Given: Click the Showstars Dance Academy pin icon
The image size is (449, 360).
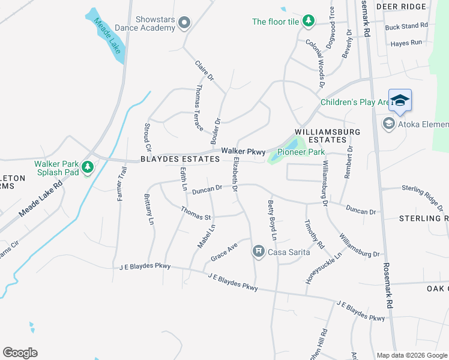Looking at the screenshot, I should pyautogui.click(x=184, y=23).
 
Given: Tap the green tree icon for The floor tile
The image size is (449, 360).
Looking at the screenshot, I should pyautogui.click(x=309, y=22).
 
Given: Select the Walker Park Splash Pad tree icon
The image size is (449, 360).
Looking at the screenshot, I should pyautogui.click(x=88, y=166).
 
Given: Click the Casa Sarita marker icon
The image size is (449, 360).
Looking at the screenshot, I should pyautogui.click(x=259, y=251).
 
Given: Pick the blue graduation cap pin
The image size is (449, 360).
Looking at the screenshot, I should pyautogui.click(x=400, y=100).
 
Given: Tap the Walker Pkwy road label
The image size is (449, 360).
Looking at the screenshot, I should pyautogui.click(x=243, y=151).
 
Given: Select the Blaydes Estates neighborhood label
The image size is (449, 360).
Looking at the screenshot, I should pyautogui.click(x=179, y=159).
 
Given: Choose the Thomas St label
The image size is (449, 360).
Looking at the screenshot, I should pyautogui.click(x=196, y=213).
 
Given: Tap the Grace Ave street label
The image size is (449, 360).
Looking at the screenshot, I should pyautogui.click(x=224, y=252).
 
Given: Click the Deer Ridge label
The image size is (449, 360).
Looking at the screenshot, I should pyautogui.click(x=401, y=7).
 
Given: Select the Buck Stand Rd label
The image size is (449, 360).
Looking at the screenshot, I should pyautogui.click(x=406, y=26).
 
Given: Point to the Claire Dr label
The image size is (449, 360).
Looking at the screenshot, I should pyautogui.click(x=204, y=72).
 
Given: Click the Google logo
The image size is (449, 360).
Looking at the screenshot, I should pyautogui.click(x=20, y=353).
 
